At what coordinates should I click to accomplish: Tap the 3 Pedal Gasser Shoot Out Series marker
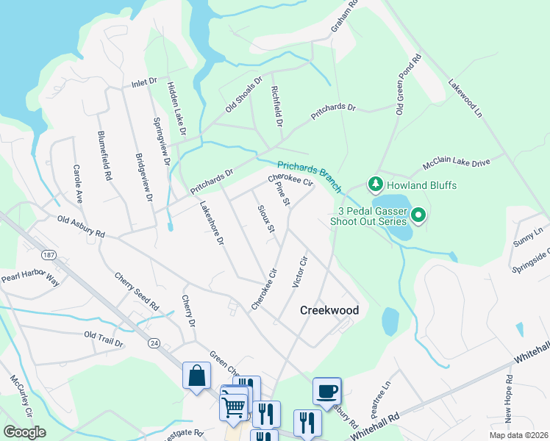418,215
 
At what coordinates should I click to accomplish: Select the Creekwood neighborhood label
329,310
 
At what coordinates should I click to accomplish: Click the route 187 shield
49,254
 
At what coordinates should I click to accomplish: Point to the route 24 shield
154,343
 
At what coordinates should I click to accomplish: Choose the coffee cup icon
326,390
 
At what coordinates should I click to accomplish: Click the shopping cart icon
234,406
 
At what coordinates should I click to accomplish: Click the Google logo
25,431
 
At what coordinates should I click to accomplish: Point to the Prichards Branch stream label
309,176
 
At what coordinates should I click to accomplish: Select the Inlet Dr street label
145,81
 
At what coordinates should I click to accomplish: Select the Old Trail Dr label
104,338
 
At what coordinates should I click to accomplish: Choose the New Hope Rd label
508,401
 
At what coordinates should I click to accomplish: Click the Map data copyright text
518,435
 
